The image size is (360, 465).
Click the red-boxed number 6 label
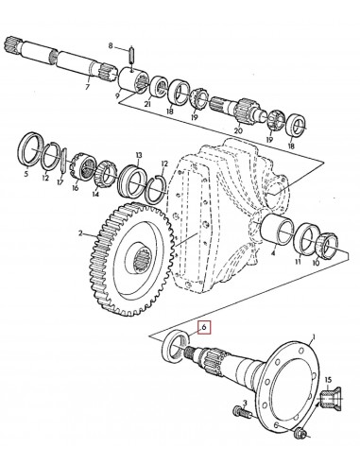[x=202, y=329]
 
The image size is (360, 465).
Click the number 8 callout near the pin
[x=111, y=46]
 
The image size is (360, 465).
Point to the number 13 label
[x=138, y=155]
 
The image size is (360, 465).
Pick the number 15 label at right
[x=329, y=381]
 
